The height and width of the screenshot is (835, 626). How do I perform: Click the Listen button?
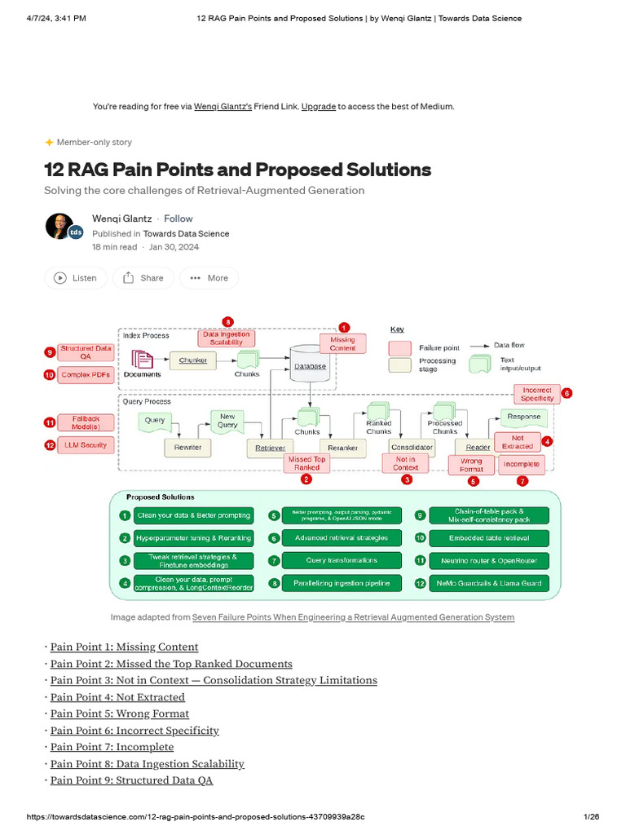pyautogui.click(x=75, y=278)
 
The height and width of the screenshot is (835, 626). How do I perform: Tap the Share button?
pyautogui.click(x=143, y=278)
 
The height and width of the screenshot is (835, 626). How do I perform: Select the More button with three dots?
pyautogui.click(x=209, y=278)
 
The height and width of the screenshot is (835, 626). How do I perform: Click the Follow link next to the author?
pyautogui.click(x=179, y=219)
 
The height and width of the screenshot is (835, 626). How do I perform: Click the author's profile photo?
pyautogui.click(x=60, y=226)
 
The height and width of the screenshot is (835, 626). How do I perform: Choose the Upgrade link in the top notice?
pyautogui.click(x=318, y=106)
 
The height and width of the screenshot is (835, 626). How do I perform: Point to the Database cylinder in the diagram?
pyautogui.click(x=310, y=364)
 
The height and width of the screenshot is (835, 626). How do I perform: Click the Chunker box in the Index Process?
pyautogui.click(x=193, y=360)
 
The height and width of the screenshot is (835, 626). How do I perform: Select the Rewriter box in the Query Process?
pyautogui.click(x=187, y=448)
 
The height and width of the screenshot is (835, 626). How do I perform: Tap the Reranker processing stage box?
pyautogui.click(x=342, y=448)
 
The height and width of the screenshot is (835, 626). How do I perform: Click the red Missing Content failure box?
pyautogui.click(x=342, y=343)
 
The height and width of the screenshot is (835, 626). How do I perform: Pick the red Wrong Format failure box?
pyautogui.click(x=471, y=465)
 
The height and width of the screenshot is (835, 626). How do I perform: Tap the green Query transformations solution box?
pyautogui.click(x=342, y=561)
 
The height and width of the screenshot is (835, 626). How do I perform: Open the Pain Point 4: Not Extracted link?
pyautogui.click(x=117, y=697)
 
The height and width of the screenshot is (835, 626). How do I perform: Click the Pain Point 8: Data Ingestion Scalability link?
pyautogui.click(x=147, y=764)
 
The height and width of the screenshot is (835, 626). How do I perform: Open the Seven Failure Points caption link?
pyautogui.click(x=353, y=617)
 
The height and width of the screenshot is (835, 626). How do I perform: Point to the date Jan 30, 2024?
pyautogui.click(x=174, y=247)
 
